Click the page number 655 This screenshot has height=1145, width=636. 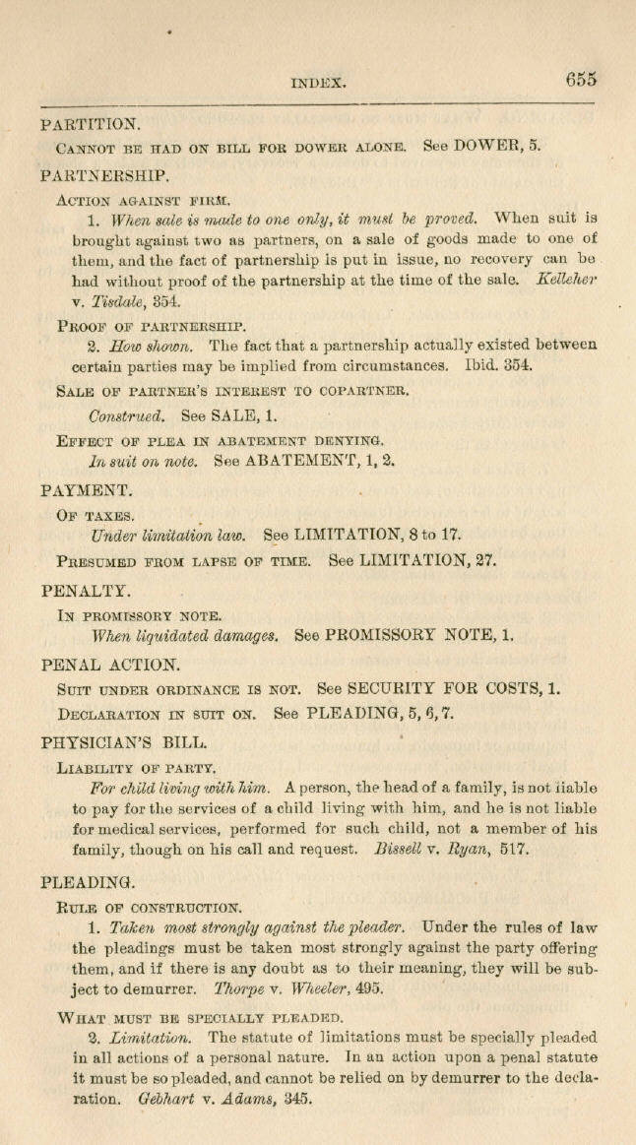click(581, 80)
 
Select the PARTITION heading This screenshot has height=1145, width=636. click(92, 125)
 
